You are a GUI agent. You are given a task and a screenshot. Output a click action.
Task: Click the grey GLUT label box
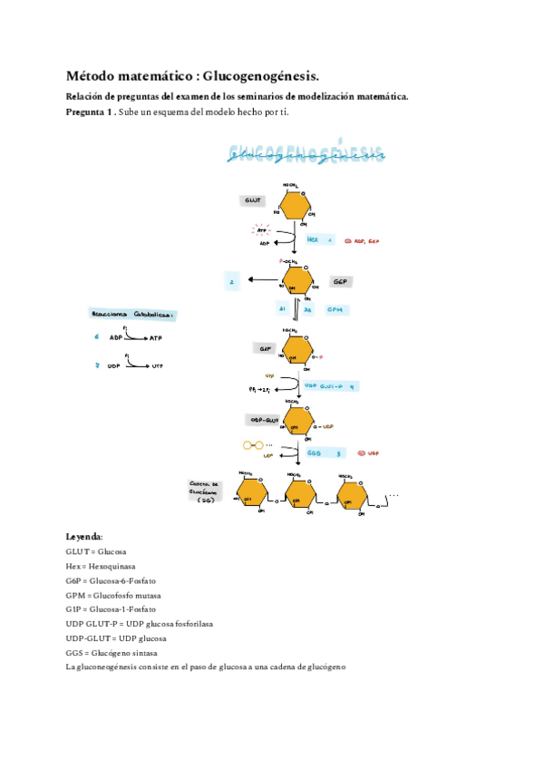point(252,200)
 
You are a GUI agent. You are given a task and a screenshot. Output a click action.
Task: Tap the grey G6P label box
point(341,282)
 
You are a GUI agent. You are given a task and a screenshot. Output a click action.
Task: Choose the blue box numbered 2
point(232,282)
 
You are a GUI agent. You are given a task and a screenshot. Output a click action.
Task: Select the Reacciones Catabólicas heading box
point(131,315)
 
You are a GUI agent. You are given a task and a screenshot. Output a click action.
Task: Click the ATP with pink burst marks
point(262,231)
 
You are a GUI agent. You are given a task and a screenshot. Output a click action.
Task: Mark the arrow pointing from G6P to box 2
point(262,281)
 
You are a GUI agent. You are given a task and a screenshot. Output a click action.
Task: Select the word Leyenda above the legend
point(83,536)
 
